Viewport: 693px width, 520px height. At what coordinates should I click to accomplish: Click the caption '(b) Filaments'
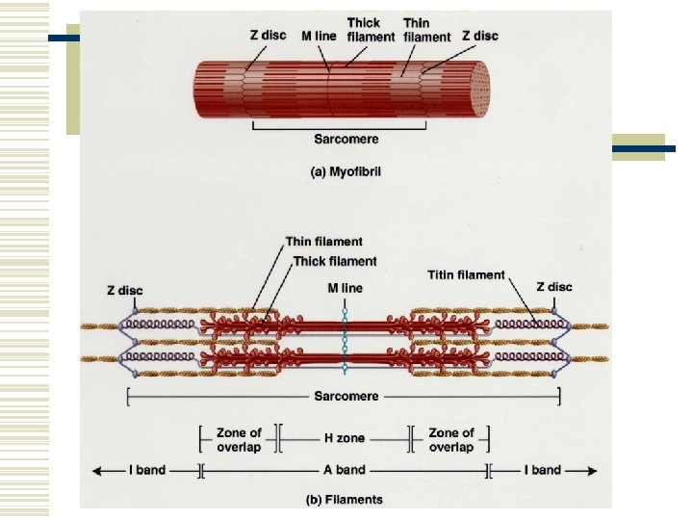point(345,499)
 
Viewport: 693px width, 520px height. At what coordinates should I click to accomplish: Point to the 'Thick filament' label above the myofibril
point(371,29)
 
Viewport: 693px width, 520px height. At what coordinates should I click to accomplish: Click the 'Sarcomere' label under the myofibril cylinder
point(345,139)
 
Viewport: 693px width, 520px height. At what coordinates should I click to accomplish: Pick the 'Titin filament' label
point(466,274)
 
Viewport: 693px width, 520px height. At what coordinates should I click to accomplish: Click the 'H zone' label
point(344,438)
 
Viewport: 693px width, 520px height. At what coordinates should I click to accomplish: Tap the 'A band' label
point(344,470)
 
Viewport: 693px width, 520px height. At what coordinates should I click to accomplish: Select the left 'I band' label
point(146,470)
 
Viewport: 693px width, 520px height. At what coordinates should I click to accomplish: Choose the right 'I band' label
point(542,470)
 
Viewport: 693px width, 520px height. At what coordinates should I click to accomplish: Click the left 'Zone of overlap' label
point(239,439)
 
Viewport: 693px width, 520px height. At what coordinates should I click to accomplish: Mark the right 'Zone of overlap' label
point(450,439)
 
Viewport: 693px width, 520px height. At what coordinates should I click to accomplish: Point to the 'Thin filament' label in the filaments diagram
point(324,242)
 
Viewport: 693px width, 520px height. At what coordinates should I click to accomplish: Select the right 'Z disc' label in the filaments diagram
point(553,286)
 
